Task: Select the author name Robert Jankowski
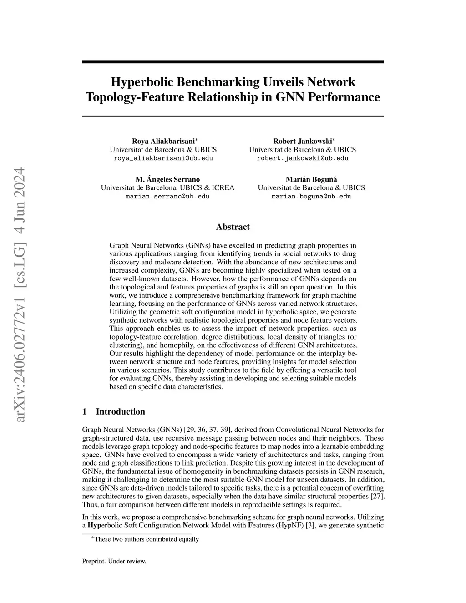(302, 141)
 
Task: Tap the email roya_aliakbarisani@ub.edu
(163, 158)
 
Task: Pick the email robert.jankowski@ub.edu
(303, 158)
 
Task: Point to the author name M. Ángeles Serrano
(167, 179)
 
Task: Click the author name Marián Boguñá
(311, 179)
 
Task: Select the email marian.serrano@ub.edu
(167, 197)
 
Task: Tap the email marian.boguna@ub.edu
(311, 197)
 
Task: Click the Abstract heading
(233, 227)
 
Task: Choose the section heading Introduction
(120, 412)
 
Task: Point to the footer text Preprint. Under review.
(114, 562)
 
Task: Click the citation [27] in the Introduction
(377, 497)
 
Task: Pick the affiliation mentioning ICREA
(167, 188)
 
